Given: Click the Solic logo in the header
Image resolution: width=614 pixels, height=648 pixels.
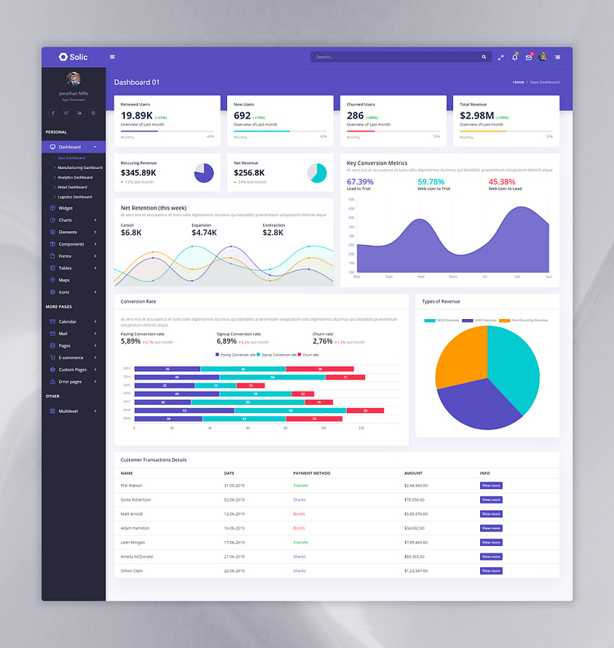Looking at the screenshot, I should (x=73, y=57).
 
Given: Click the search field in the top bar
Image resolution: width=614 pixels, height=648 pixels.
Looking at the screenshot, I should (x=396, y=57).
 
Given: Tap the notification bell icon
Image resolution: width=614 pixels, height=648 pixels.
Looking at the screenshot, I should (x=514, y=57).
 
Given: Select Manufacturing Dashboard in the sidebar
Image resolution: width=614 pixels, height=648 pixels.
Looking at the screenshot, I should (x=80, y=167).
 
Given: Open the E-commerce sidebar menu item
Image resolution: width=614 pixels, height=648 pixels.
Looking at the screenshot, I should (x=71, y=357).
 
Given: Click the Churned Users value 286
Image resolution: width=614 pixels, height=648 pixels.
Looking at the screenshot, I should (x=355, y=116).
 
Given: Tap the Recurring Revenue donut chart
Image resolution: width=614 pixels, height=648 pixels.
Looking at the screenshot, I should (x=203, y=173).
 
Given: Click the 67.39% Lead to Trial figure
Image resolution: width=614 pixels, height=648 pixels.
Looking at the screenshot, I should (x=360, y=181).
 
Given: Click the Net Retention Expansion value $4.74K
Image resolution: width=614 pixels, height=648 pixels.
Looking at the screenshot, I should (x=204, y=233).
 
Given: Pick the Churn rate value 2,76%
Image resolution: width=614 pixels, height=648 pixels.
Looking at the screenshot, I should (x=323, y=341).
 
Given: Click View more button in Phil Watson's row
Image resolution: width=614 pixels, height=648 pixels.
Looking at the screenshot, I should (x=491, y=486).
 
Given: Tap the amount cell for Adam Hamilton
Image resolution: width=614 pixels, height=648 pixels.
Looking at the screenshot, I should (x=415, y=528).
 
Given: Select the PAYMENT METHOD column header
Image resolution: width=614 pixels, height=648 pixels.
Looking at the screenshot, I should (x=311, y=473).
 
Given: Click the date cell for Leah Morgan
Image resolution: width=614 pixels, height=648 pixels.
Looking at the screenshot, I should (x=234, y=542).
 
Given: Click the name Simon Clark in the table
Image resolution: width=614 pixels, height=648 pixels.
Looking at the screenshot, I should (x=131, y=570).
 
